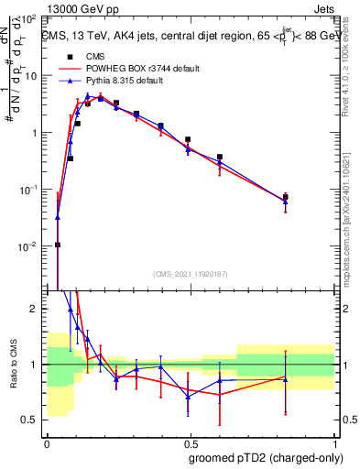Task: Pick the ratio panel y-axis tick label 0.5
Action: [33, 420]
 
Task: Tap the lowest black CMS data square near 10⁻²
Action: [58, 245]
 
